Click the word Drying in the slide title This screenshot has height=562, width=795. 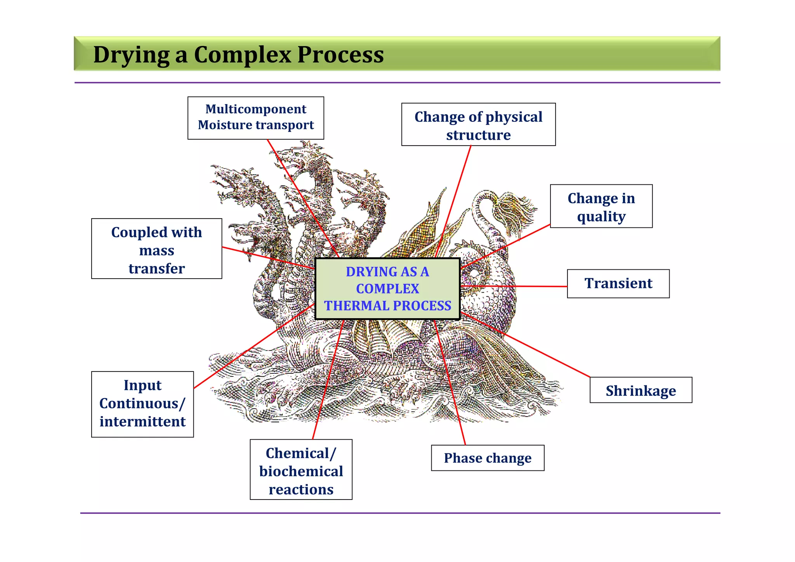point(131,55)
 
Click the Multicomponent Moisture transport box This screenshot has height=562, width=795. point(255,118)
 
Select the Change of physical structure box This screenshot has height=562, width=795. point(478,125)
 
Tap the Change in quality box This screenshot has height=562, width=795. point(601,206)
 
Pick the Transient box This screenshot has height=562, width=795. point(618,284)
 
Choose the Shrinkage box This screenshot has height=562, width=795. point(641,390)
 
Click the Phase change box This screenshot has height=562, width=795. point(487,458)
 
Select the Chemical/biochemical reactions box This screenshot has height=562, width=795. point(301,470)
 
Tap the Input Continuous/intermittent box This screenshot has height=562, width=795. point(142,404)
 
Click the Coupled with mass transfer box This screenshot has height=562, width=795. point(156,249)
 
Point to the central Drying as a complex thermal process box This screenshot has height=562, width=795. point(387,289)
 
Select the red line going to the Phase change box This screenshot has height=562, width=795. point(450,384)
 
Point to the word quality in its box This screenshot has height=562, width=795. point(601,217)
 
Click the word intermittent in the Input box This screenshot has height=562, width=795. point(142,422)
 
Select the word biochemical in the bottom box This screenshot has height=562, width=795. point(301,472)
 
